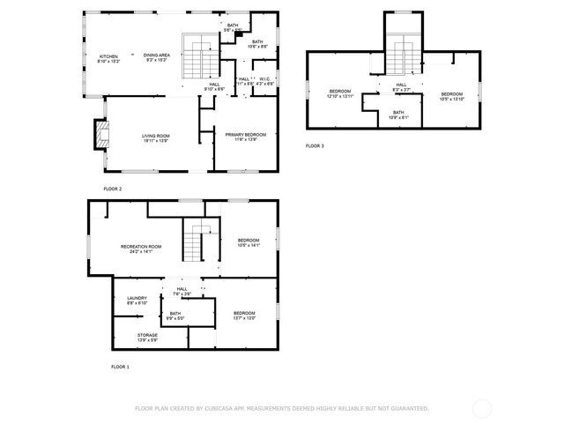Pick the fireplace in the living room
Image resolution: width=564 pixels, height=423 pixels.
coord(100,135)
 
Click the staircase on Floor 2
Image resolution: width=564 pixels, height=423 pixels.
coord(201,58)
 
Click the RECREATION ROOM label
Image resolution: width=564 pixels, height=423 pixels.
coord(141,248)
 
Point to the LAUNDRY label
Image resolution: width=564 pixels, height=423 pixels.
coord(137,300)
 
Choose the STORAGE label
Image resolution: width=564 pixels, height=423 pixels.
coord(147,337)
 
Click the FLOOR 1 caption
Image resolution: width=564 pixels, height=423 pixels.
coord(120,366)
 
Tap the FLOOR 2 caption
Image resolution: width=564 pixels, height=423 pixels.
coord(112,189)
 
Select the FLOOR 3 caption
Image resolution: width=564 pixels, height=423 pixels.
coord(315,146)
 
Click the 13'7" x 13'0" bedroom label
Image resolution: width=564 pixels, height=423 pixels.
coord(244,315)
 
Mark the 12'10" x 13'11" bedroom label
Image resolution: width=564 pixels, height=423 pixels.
coord(340,93)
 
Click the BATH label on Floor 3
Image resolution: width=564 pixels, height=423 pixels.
coord(398,114)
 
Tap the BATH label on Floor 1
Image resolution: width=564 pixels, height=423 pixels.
coord(175,315)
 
